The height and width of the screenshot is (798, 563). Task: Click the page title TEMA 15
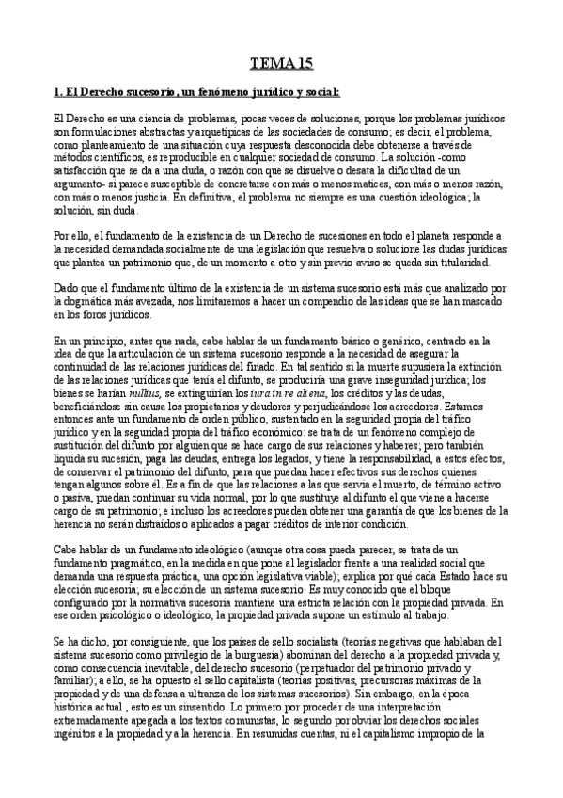pyautogui.click(x=281, y=63)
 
